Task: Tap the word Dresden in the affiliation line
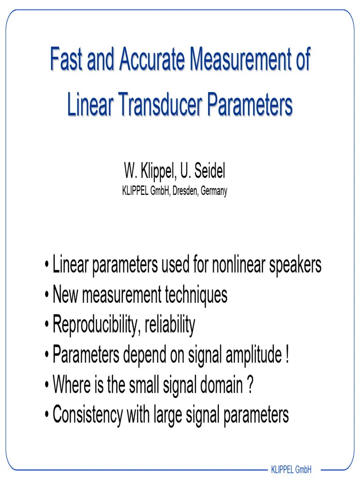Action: click(x=187, y=191)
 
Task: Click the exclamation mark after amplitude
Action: click(x=286, y=355)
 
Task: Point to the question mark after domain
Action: click(x=250, y=385)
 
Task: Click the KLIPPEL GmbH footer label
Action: click(x=292, y=469)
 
